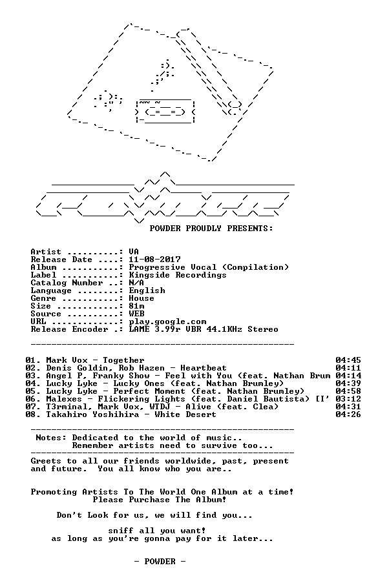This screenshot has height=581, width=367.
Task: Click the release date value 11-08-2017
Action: (154, 260)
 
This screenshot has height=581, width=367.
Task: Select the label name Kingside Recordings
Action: (178, 275)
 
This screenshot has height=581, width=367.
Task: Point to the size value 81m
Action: (136, 306)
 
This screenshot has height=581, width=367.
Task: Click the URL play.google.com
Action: (167, 321)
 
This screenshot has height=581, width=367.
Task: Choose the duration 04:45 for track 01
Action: (348, 360)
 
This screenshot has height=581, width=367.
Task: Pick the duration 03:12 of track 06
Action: (348, 399)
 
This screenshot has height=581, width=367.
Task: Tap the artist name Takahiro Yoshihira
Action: (92, 414)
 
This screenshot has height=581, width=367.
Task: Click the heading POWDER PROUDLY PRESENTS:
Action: (211, 229)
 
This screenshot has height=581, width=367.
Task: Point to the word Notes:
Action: (51, 438)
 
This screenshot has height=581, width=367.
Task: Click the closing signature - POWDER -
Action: (160, 562)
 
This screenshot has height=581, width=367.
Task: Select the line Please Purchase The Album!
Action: (160, 500)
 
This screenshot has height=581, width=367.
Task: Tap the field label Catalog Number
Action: (67, 283)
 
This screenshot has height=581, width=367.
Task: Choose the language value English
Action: (147, 290)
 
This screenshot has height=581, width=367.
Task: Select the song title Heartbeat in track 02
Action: (204, 368)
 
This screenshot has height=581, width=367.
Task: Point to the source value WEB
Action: (136, 314)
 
